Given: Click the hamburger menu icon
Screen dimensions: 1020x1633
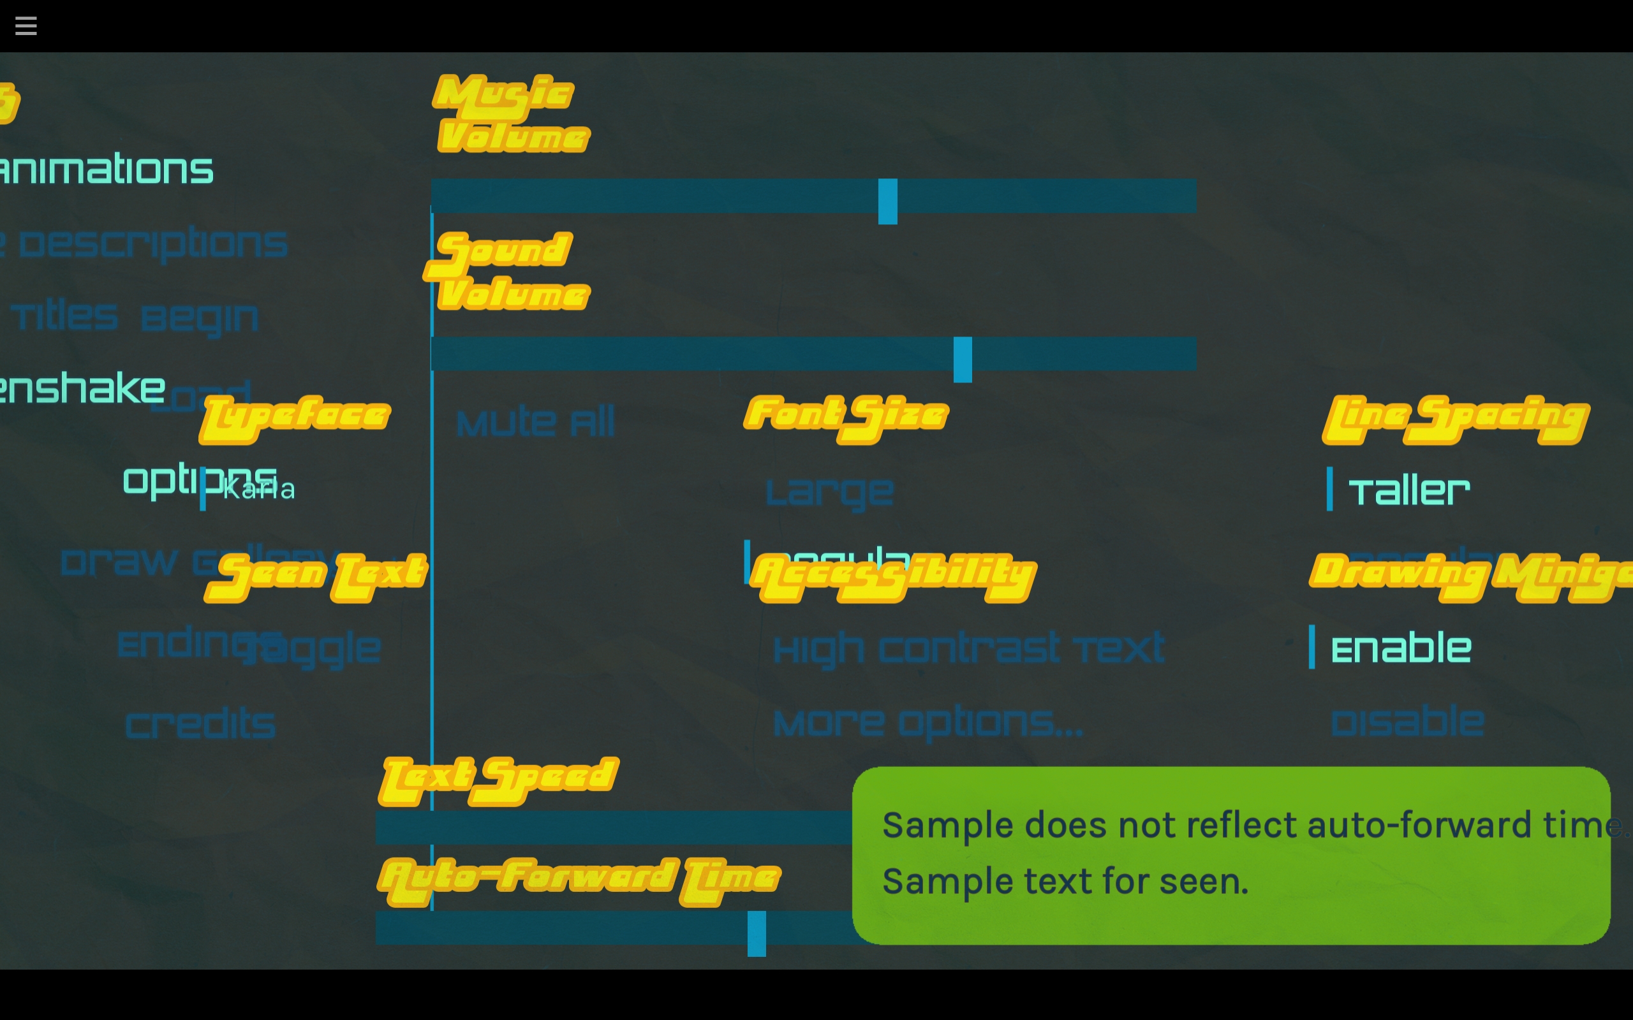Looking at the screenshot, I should coord(26,25).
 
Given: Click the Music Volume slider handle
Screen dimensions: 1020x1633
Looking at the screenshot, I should coord(887,201).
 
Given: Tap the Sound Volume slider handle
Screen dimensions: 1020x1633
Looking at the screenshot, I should coord(962,359).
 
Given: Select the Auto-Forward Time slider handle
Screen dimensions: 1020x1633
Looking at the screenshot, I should coord(757,933).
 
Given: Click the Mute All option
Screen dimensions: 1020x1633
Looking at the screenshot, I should coord(535,422).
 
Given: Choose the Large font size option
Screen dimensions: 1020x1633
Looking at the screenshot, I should coord(829,491).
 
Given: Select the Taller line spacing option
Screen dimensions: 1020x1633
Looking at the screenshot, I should coord(1408,490).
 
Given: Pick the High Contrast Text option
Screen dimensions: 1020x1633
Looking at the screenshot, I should coord(968,648).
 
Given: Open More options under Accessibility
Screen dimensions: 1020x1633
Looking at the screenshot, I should coord(928,722).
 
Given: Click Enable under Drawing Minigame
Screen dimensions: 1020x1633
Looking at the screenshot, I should coord(1400,648).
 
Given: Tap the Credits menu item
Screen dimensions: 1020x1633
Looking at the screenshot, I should coord(200,724).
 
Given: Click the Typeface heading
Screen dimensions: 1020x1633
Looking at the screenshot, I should coord(295,418).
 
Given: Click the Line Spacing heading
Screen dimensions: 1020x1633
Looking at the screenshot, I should coord(1456,418).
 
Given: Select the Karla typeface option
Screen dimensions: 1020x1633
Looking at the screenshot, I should coord(258,489).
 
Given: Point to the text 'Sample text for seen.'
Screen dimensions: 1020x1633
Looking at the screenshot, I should coord(1065,881).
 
